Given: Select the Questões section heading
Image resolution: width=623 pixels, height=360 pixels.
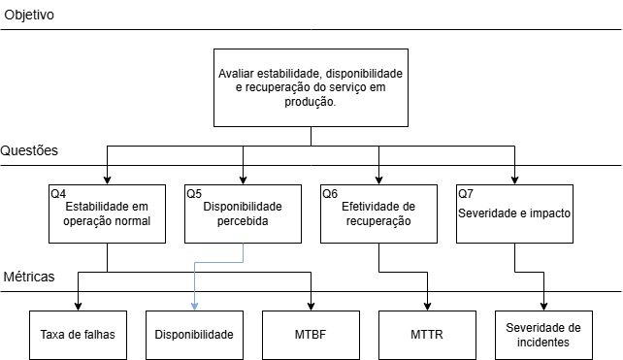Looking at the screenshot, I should (x=30, y=151).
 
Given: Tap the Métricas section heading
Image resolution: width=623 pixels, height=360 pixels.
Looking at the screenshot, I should (x=28, y=277).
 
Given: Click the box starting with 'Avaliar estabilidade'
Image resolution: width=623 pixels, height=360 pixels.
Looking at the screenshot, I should (x=311, y=87).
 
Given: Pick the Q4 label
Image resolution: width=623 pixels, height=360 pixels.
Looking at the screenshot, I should (x=58, y=193).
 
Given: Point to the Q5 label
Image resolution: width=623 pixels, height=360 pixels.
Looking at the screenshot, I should (x=194, y=193).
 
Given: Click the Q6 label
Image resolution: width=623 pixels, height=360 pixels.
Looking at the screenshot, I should (x=330, y=193).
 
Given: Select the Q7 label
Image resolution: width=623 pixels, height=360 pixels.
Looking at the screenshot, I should (x=466, y=193).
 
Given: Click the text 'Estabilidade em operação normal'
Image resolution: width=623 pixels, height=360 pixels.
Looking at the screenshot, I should (x=107, y=213).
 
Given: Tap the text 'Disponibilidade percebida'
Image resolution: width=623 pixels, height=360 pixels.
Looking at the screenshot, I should (x=243, y=213).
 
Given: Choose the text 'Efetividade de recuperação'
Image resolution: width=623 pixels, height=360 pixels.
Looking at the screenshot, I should (x=378, y=213).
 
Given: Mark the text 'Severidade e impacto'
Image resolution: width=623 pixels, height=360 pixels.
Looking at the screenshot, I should (x=514, y=213).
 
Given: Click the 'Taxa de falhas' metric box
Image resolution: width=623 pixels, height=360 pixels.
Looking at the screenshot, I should (x=78, y=334).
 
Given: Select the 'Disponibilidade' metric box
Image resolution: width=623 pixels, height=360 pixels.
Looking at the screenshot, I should (x=194, y=334).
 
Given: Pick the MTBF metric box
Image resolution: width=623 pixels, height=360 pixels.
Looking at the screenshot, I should (x=311, y=334).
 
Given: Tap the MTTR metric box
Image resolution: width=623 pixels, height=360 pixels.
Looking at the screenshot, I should (x=427, y=334).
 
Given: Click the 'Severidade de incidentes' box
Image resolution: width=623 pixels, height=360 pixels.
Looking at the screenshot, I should (x=543, y=334).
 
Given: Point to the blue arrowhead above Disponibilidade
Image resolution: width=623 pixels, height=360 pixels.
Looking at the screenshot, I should (x=194, y=306).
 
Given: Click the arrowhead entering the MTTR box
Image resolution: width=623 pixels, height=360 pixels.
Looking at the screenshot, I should (x=427, y=306).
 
